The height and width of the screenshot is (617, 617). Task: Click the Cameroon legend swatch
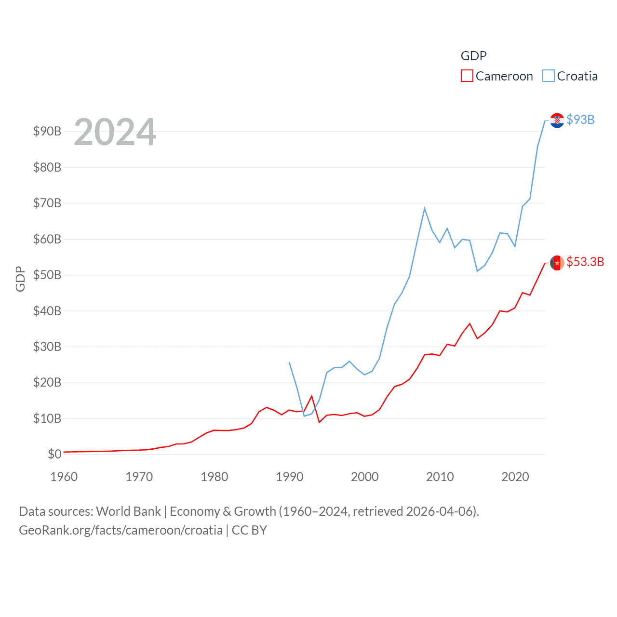(467, 76)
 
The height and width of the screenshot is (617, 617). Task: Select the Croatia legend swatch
(548, 76)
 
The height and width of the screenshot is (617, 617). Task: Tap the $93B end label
(580, 120)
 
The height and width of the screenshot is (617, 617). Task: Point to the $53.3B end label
(585, 262)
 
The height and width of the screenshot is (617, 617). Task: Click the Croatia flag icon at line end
(557, 120)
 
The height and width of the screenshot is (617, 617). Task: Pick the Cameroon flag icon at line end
(557, 263)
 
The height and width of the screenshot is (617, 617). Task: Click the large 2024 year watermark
(115, 132)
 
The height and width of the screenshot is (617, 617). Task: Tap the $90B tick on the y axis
(47, 131)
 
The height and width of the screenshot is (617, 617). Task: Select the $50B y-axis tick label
(47, 275)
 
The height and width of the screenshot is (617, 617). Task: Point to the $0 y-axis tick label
(54, 454)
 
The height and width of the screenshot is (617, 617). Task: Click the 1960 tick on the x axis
(64, 477)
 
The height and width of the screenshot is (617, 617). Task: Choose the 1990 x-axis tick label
(290, 477)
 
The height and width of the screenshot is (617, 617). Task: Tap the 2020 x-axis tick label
(515, 477)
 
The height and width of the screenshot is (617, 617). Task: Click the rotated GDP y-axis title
(20, 279)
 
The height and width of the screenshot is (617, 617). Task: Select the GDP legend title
(473, 56)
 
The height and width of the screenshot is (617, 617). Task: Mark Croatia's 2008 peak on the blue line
(425, 208)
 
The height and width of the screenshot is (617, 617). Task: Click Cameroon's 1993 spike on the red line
(312, 396)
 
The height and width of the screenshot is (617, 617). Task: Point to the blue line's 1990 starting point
(289, 362)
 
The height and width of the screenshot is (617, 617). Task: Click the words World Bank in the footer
(129, 511)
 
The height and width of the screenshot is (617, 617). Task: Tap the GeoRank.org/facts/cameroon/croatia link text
(121, 530)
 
